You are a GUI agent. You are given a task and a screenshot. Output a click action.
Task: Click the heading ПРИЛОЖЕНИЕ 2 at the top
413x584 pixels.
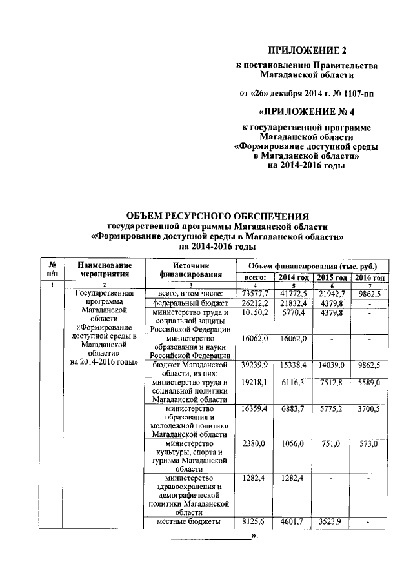tap(305, 50)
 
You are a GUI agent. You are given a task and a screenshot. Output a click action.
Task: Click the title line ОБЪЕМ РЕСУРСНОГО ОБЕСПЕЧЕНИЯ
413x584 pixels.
tap(217, 216)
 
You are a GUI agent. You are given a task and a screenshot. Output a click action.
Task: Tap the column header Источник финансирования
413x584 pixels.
tap(192, 269)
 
